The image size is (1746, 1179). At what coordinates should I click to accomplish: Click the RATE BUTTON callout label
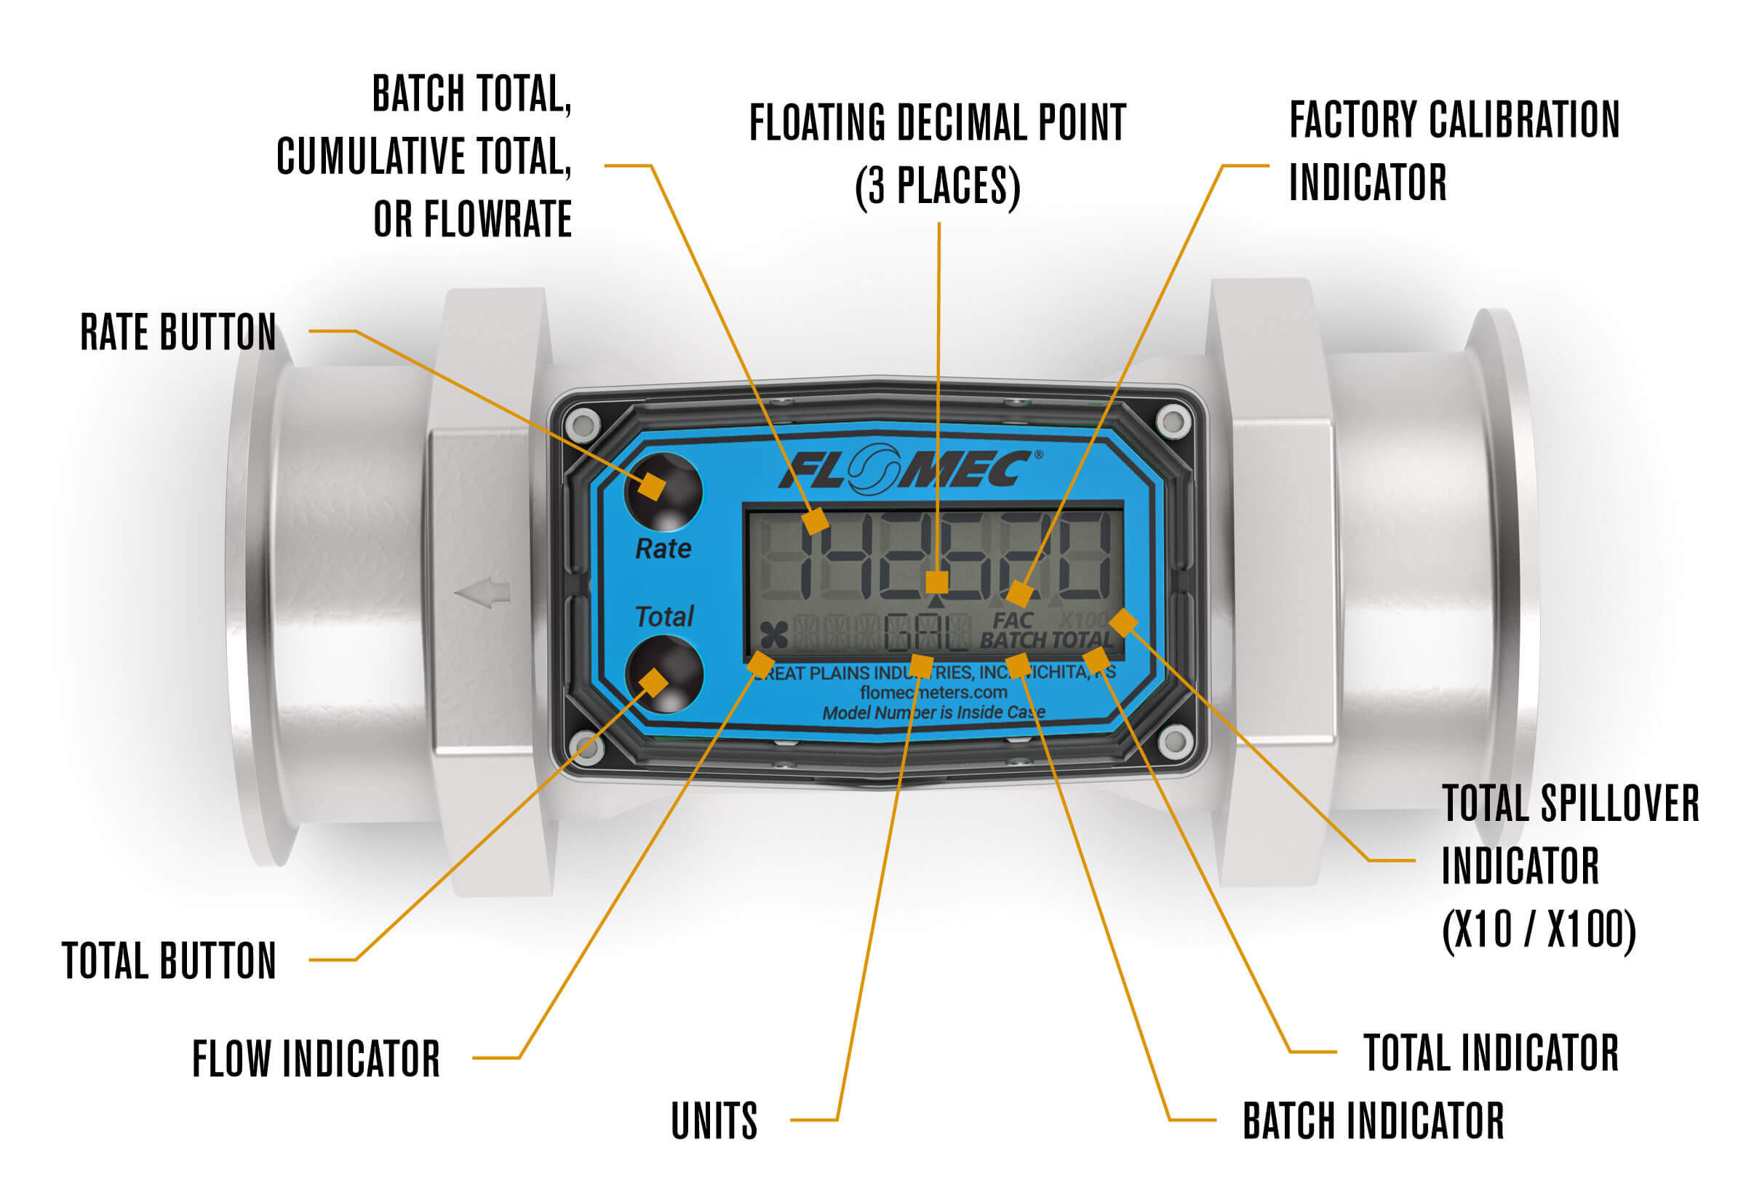click(x=178, y=332)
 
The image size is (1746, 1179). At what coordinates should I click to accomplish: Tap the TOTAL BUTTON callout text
click(x=169, y=961)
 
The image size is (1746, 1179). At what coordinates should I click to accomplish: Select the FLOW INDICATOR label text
click(x=316, y=1059)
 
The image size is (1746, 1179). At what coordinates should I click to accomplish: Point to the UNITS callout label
click(x=714, y=1120)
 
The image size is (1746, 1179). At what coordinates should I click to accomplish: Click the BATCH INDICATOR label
click(x=1373, y=1120)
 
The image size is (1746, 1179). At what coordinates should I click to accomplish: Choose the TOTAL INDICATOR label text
click(x=1491, y=1053)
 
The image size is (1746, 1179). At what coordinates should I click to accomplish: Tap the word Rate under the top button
click(x=663, y=549)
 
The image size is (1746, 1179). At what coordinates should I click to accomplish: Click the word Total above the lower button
click(x=664, y=617)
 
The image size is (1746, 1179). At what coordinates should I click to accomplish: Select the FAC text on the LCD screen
click(x=1012, y=621)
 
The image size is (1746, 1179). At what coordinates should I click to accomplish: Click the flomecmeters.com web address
click(x=933, y=692)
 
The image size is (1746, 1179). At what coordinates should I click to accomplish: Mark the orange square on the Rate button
click(x=651, y=486)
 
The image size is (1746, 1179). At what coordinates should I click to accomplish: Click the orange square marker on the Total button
click(x=653, y=683)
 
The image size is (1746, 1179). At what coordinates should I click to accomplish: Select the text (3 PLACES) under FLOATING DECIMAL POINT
click(x=938, y=186)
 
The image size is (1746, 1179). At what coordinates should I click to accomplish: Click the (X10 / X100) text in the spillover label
click(x=1538, y=930)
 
